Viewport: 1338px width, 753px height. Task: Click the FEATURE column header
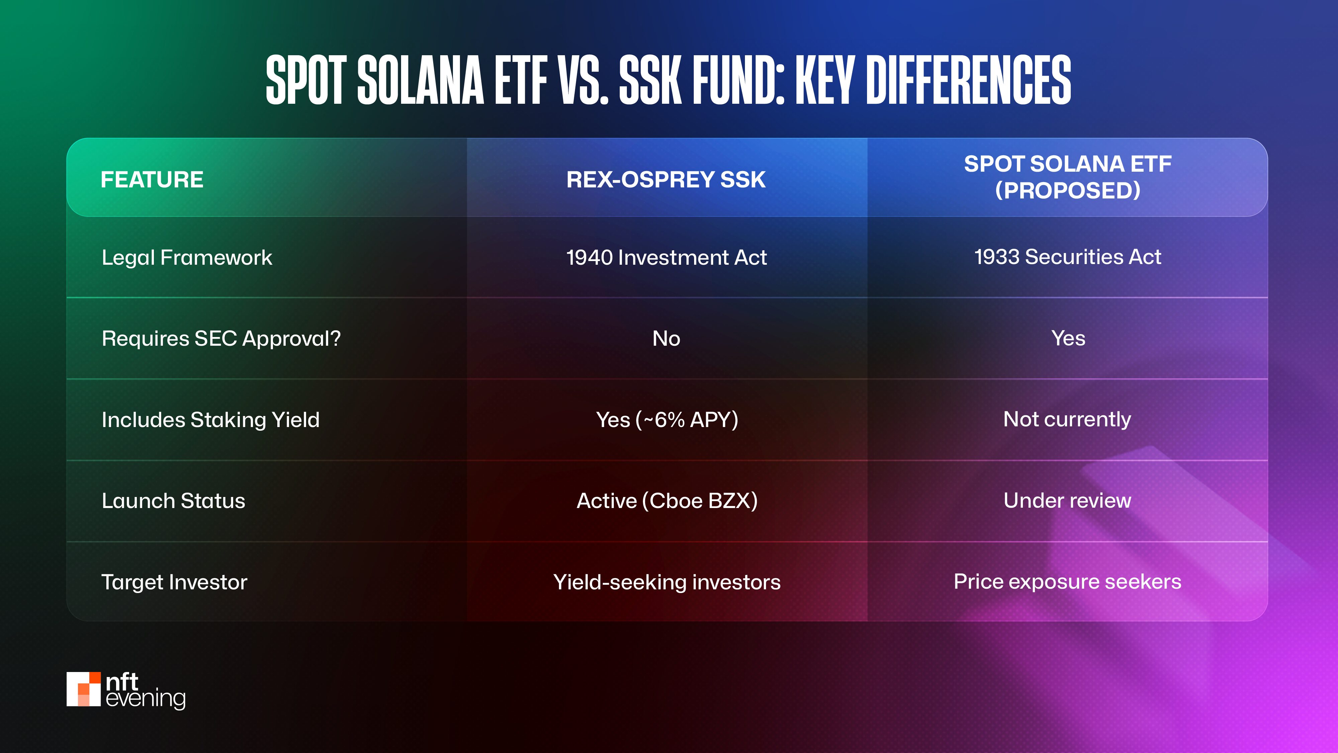click(x=152, y=180)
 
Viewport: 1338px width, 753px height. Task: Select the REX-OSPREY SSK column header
click(x=666, y=180)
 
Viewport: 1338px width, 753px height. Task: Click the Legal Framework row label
click(x=187, y=258)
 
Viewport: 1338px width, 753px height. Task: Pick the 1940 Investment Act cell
click(x=666, y=258)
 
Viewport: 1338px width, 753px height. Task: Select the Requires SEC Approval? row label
click(x=221, y=339)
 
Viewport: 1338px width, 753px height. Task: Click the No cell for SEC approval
click(x=666, y=339)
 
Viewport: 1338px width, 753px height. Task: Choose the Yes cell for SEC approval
click(x=1068, y=339)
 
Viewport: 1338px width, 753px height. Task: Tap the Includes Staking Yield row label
click(x=210, y=420)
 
